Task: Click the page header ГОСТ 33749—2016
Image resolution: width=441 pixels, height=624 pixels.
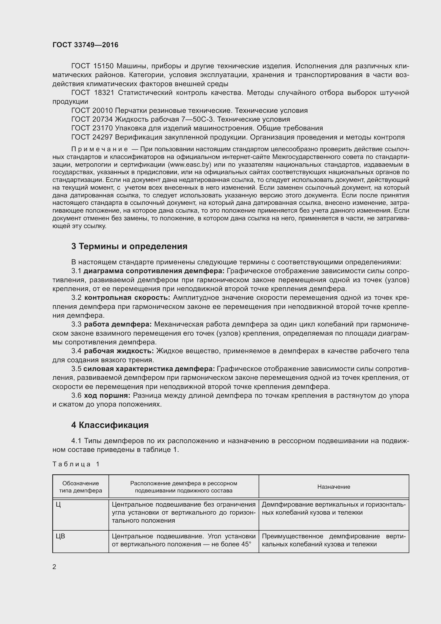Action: [85, 45]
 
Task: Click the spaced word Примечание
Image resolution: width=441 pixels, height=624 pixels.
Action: [99, 149]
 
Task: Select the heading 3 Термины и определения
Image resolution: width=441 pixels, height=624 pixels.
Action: [129, 246]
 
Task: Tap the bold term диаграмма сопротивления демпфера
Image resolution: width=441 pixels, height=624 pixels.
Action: [154, 271]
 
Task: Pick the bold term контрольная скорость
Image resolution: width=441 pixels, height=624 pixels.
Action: [127, 298]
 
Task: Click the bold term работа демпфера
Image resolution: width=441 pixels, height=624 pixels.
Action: [118, 324]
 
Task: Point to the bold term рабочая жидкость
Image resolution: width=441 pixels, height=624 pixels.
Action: [119, 351]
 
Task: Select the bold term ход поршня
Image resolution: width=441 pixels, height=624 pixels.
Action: [107, 395]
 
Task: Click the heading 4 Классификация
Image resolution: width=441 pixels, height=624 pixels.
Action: [110, 425]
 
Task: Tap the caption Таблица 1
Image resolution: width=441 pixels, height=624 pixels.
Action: [76, 464]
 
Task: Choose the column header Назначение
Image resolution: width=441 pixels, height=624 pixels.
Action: [334, 487]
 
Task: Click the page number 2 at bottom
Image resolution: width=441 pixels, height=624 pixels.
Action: [54, 567]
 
